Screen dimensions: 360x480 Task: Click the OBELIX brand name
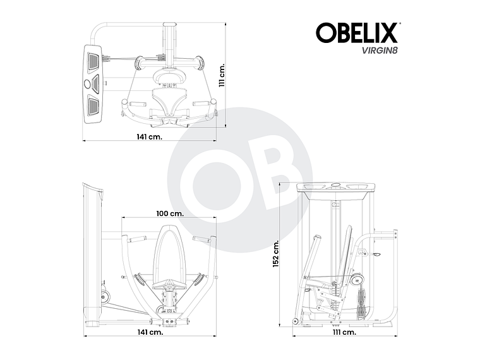tap(357, 32)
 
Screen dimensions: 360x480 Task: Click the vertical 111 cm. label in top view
tap(222, 76)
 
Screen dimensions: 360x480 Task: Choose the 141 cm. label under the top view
tap(150, 137)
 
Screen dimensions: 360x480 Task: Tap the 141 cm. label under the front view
tap(150, 332)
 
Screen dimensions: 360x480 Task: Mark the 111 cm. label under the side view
tap(344, 332)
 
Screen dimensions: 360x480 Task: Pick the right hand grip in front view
tap(202, 239)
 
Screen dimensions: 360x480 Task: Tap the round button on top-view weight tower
tap(87, 83)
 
